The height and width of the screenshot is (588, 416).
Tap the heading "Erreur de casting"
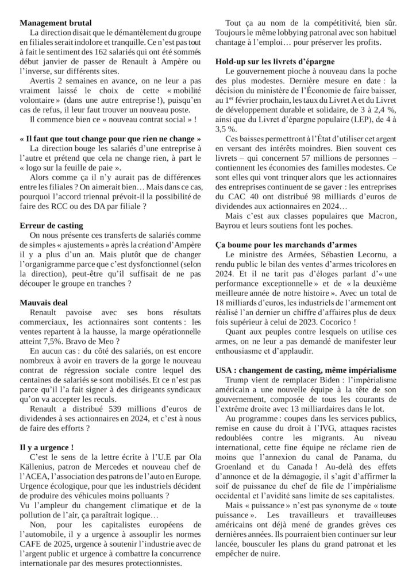(x=51, y=225)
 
